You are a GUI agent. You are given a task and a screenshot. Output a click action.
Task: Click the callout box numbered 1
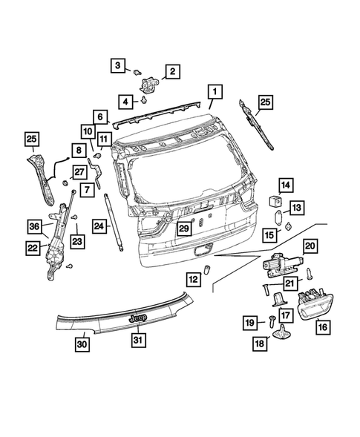[x=213, y=93]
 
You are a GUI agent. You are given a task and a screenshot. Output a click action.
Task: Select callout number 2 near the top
[x=171, y=71]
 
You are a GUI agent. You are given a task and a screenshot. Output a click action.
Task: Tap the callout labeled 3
[x=119, y=67]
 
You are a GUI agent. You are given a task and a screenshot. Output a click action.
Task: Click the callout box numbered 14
[x=286, y=185]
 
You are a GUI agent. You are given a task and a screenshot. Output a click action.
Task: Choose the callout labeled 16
[x=322, y=325]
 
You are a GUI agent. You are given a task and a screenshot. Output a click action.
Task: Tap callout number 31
[x=138, y=341]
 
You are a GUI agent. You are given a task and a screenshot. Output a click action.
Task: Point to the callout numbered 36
[x=34, y=226]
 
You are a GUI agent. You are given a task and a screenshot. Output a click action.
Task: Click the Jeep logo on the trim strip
[x=138, y=317]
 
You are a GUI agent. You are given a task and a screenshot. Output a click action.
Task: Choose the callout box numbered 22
[x=33, y=248]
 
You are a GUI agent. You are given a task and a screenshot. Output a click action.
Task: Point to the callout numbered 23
[x=77, y=240]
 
